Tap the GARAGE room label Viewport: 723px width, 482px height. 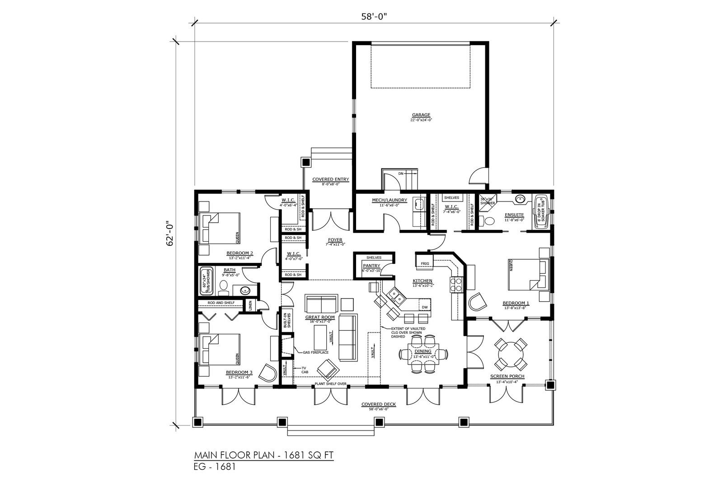click(420, 115)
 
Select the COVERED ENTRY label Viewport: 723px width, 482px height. click(331, 179)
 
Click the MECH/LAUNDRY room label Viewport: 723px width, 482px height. click(390, 200)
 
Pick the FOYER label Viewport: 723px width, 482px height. click(335, 239)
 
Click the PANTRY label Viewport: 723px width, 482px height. click(371, 266)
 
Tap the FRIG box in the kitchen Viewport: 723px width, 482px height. click(425, 262)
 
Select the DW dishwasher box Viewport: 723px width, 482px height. click(425, 307)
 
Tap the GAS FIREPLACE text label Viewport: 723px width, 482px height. click(315, 352)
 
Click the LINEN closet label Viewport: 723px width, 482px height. click(250, 306)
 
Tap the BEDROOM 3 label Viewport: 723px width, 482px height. click(239, 373)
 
